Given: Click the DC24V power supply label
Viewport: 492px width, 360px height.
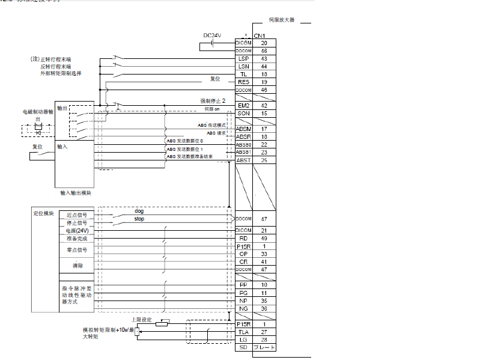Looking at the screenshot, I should pyautogui.click(x=212, y=35).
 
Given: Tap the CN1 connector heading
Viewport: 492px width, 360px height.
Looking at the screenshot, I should pyautogui.click(x=260, y=36).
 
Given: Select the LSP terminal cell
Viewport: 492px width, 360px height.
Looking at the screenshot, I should pyautogui.click(x=243, y=58).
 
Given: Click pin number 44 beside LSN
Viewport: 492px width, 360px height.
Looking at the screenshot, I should pyautogui.click(x=264, y=66).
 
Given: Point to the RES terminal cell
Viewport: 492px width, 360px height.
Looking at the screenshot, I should pyautogui.click(x=243, y=82).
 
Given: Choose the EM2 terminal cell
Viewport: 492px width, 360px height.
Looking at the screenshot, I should pyautogui.click(x=243, y=105).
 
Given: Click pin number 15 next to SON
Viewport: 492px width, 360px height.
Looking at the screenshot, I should pyautogui.click(x=264, y=113).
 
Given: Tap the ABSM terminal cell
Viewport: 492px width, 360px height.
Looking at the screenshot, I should pyautogui.click(x=243, y=129).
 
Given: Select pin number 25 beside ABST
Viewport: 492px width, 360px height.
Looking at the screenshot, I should pyautogui.click(x=264, y=160).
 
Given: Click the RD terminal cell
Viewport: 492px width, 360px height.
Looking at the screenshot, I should pyautogui.click(x=243, y=238).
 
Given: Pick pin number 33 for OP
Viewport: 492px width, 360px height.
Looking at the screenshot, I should pyautogui.click(x=264, y=254).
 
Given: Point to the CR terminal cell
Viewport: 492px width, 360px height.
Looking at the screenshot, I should pyautogui.click(x=243, y=261).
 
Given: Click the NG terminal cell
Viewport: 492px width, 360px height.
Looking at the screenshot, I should pyautogui.click(x=243, y=308).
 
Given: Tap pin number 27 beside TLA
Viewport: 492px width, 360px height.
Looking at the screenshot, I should pyautogui.click(x=264, y=332).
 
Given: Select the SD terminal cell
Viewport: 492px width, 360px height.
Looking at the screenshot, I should pyautogui.click(x=243, y=347).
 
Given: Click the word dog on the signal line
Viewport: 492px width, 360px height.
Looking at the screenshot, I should pyautogui.click(x=139, y=212).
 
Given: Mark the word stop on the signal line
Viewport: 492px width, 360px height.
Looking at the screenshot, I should pyautogui.click(x=139, y=219).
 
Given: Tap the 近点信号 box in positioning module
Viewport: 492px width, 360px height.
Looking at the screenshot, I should pyautogui.click(x=77, y=215).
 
